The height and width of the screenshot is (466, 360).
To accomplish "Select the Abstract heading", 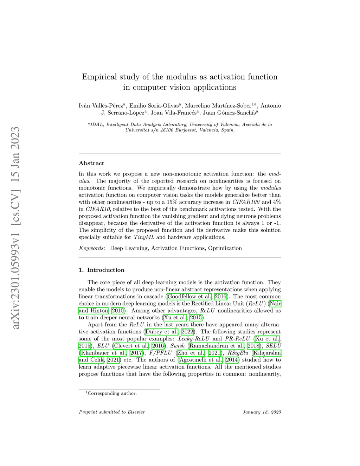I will (x=91, y=163).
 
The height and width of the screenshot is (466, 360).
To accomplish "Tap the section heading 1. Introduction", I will (x=102, y=270).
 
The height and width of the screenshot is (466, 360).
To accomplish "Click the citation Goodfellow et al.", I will (x=189, y=296).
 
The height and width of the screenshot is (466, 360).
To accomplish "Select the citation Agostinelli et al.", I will (x=201, y=360).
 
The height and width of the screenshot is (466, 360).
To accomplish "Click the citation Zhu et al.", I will (x=191, y=353).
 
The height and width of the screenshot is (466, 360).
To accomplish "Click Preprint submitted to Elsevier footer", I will (x=112, y=412).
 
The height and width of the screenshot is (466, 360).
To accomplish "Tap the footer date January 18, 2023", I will (x=262, y=412).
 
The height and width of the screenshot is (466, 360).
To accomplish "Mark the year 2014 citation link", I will (x=232, y=360).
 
